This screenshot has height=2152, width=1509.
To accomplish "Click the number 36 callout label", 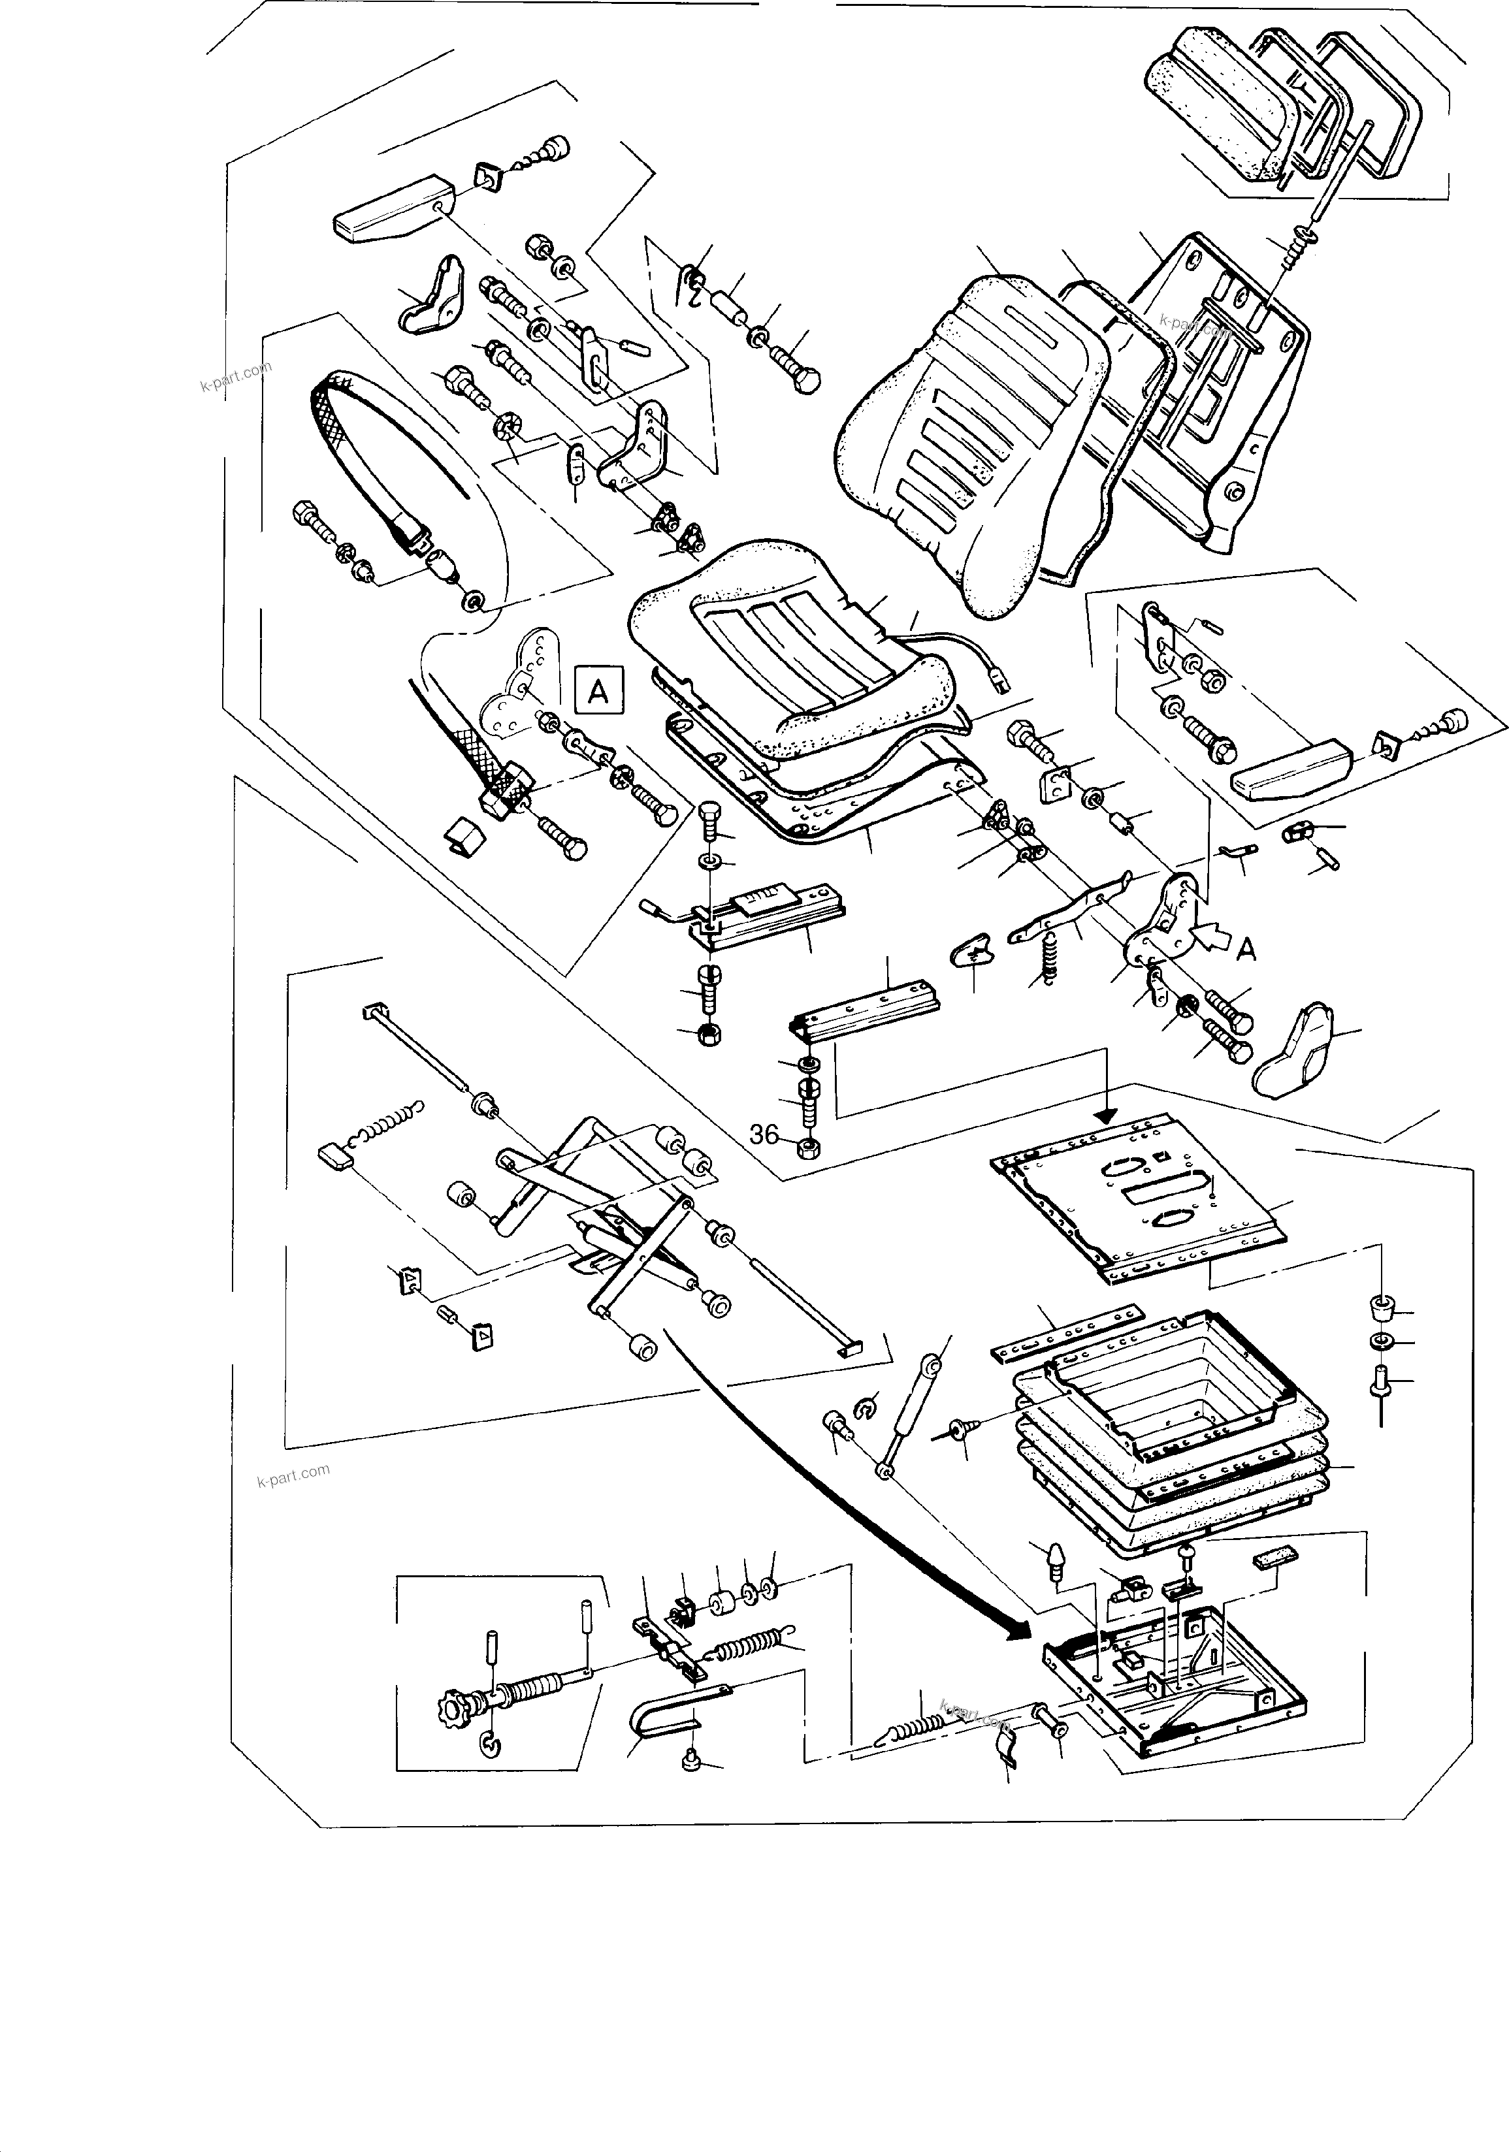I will (764, 1135).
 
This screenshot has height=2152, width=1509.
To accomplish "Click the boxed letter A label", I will (597, 692).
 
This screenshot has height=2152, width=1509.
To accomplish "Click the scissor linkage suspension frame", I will (609, 1219).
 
